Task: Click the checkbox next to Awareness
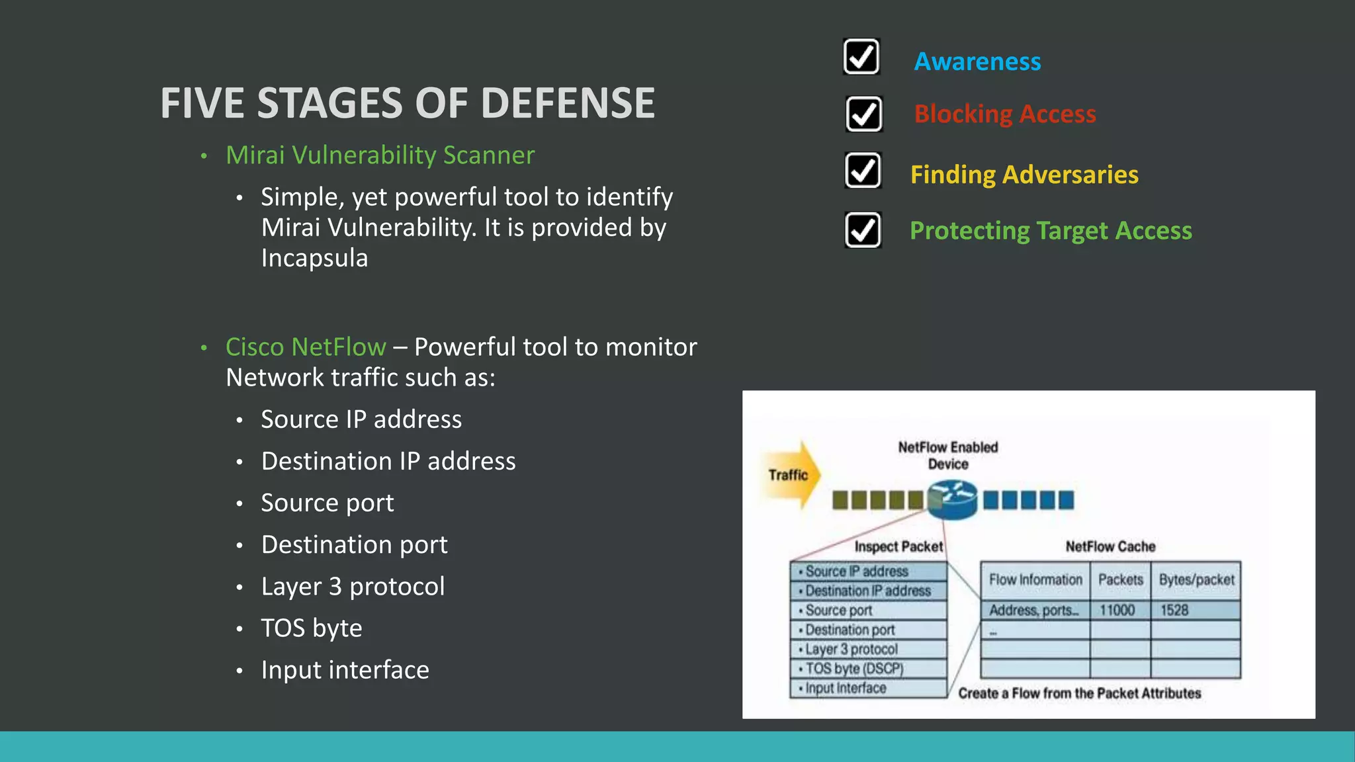point(861,57)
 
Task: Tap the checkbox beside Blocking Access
point(863,114)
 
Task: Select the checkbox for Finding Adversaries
point(863,171)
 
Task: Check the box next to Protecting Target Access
point(863,230)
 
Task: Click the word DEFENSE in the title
point(567,104)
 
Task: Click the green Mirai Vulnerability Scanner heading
point(380,155)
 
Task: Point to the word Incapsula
point(314,258)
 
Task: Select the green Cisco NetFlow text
point(306,347)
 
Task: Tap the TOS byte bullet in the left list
point(311,628)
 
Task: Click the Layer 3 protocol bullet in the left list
point(353,587)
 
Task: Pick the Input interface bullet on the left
point(345,670)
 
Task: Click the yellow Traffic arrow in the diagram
point(790,475)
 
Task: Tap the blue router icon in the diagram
point(952,500)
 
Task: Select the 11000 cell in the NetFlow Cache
point(1117,610)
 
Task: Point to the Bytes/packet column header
point(1196,580)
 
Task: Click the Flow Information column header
point(1035,580)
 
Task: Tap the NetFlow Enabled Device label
point(947,455)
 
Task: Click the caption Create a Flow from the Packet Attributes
point(1079,693)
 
